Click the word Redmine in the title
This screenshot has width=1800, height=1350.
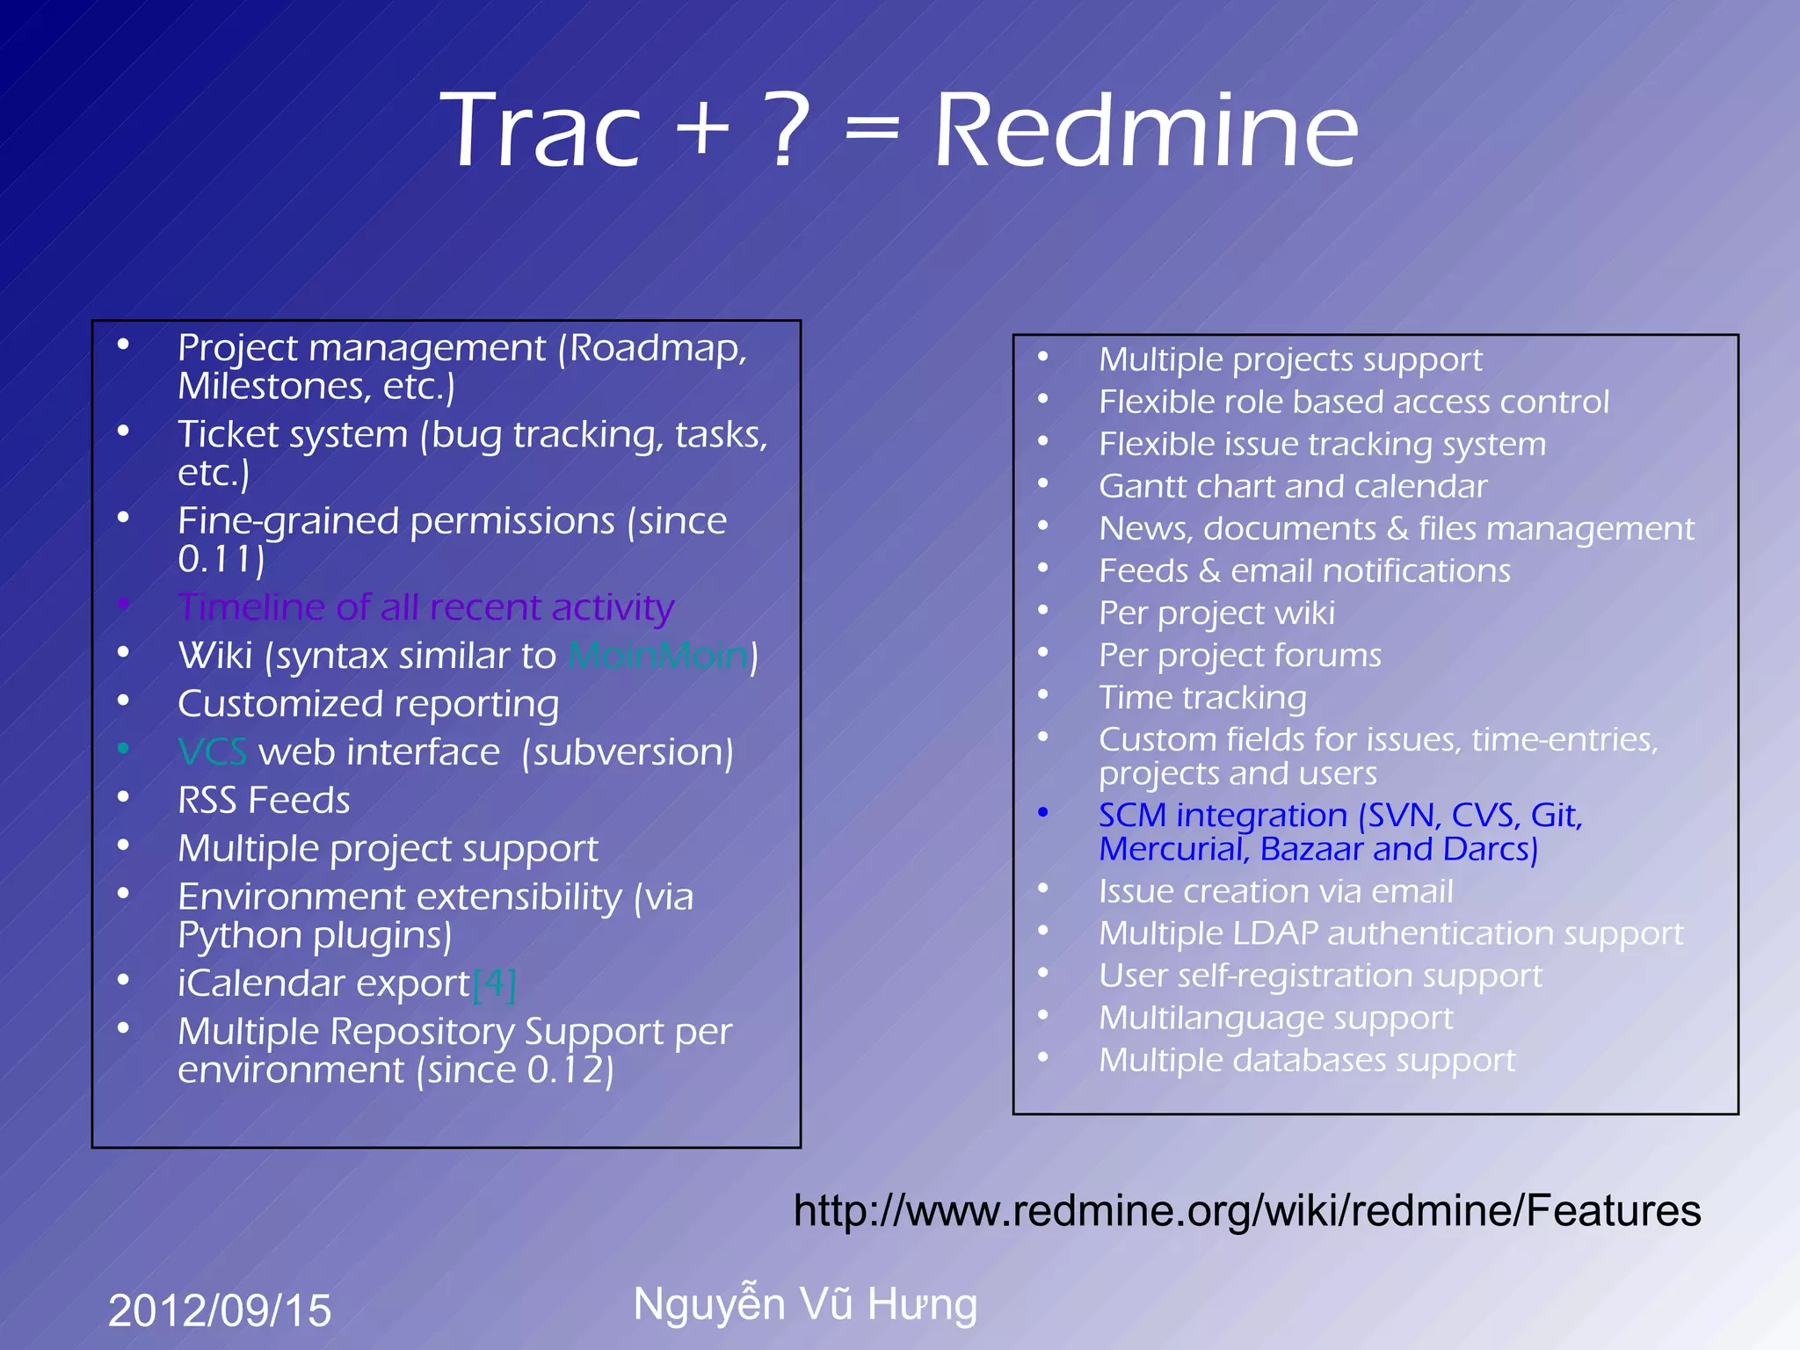[x=1146, y=132]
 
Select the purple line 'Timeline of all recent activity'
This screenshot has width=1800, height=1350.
[x=425, y=607]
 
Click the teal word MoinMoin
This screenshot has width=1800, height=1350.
[x=658, y=656]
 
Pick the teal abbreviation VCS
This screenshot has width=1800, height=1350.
[x=212, y=752]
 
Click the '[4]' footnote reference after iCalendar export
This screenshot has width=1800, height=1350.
[x=494, y=983]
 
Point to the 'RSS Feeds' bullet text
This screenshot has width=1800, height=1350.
[x=264, y=801]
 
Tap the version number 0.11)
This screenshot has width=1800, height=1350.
[x=221, y=559]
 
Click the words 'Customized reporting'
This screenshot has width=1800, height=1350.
[x=368, y=704]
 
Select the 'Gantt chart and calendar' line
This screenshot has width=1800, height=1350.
[x=1292, y=486]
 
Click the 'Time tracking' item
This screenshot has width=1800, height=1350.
[x=1202, y=698]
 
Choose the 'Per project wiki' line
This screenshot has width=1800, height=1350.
[x=1216, y=613]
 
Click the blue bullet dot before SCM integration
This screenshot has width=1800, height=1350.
[x=1043, y=813]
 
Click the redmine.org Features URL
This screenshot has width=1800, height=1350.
[x=1246, y=1210]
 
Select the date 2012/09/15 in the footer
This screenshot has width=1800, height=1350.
[x=220, y=1310]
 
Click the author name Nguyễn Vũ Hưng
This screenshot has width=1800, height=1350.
[x=805, y=1304]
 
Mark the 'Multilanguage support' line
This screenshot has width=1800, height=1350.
[x=1275, y=1018]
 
